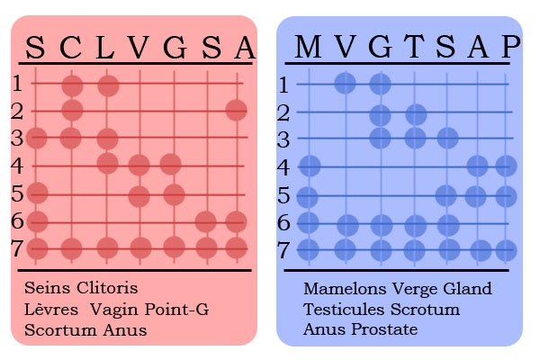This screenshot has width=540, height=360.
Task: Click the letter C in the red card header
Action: tap(70, 47)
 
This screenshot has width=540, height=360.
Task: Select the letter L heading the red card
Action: tap(105, 47)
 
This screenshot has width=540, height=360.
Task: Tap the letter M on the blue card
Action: tap(308, 46)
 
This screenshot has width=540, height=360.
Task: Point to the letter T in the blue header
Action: tap(414, 46)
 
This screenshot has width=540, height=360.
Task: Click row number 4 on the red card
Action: tap(17, 166)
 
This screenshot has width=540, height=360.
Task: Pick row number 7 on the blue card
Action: tap(283, 250)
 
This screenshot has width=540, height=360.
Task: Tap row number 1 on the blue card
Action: tap(283, 85)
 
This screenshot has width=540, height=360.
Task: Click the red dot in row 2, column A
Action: tap(236, 110)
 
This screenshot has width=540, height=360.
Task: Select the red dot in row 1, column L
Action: tap(108, 85)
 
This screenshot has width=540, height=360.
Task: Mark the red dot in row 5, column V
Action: tap(139, 196)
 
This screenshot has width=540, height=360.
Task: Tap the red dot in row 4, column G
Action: tap(170, 165)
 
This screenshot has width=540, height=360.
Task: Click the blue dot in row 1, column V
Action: tap(345, 83)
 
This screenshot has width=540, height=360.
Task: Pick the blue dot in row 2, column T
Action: tap(416, 114)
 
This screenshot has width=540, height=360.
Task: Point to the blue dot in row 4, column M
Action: tap(310, 166)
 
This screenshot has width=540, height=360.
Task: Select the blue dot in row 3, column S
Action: tap(447, 138)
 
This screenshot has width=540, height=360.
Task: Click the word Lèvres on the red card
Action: tap(51, 309)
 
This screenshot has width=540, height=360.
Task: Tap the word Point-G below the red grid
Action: tap(176, 309)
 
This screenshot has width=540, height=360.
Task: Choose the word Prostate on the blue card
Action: tap(384, 329)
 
